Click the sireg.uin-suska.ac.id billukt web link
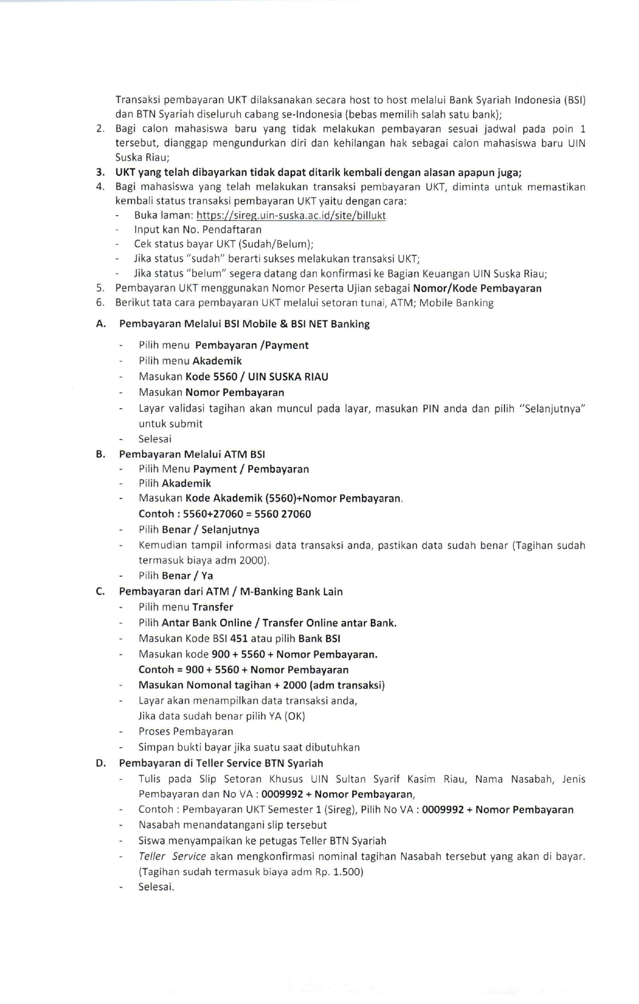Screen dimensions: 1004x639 pos(291,215)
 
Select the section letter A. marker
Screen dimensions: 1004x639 pos(101,324)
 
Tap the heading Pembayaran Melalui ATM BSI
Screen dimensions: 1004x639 pos(192,454)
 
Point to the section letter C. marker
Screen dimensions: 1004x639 pos(100,592)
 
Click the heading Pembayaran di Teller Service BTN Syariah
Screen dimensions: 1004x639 pos(221,763)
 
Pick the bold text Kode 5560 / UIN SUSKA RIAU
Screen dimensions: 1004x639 pos(257,377)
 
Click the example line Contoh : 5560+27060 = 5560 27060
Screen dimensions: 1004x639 pos(225,514)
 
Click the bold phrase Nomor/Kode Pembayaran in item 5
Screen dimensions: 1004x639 pos(477,288)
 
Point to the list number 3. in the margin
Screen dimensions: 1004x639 pos(100,173)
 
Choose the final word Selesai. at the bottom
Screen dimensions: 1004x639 pos(156,887)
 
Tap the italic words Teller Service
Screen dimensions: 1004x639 pos(172,857)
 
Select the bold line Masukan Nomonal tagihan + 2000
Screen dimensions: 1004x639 pos(261,685)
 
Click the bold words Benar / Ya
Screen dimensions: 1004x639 pos(187,576)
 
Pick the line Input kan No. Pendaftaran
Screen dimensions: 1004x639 pos(197,230)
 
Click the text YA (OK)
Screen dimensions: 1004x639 pos(287,716)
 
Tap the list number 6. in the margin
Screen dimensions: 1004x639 pos(100,303)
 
